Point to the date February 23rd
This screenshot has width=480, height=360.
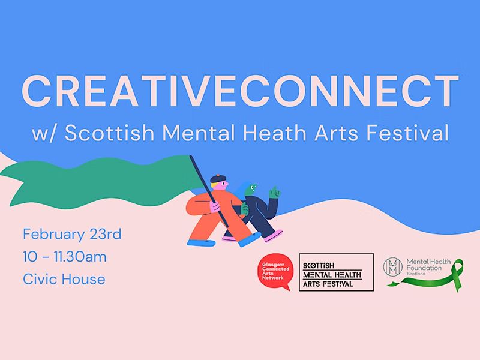point(72,233)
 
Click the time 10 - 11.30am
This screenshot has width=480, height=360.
point(65,257)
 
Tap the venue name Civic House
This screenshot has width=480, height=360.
point(64,279)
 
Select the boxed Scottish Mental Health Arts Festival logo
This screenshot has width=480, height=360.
point(336,272)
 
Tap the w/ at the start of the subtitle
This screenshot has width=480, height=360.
point(44,133)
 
